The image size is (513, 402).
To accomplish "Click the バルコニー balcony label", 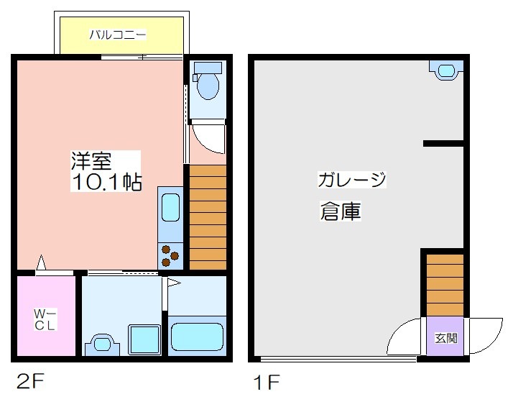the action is tap(117, 35).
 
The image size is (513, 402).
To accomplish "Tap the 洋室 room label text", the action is tap(91, 161).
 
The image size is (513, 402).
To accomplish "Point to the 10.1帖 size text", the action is tap(106, 182).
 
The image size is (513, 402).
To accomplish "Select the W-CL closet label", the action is tap(45, 319).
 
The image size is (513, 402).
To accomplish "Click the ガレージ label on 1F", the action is tap(352, 179).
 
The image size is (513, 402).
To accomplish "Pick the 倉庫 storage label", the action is tap(341, 211).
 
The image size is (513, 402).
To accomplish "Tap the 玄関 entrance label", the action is tap(446, 338).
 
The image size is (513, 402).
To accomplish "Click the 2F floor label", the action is tap(30, 381).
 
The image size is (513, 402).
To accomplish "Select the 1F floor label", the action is tap(267, 382).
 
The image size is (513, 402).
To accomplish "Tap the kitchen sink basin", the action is tap(170, 208).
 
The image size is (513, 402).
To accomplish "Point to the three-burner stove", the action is tap(170, 256).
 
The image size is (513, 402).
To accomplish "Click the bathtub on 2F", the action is tap(197, 337).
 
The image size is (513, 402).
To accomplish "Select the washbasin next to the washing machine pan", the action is tap(102, 344).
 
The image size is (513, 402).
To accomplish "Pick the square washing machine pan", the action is tap(144, 340).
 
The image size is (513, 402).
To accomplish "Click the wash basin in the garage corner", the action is tap(446, 70).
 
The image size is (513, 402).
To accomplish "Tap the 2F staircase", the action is tap(208, 217).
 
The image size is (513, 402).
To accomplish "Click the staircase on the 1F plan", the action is tap(445, 285).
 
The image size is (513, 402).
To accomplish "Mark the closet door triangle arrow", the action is tap(41, 262).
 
